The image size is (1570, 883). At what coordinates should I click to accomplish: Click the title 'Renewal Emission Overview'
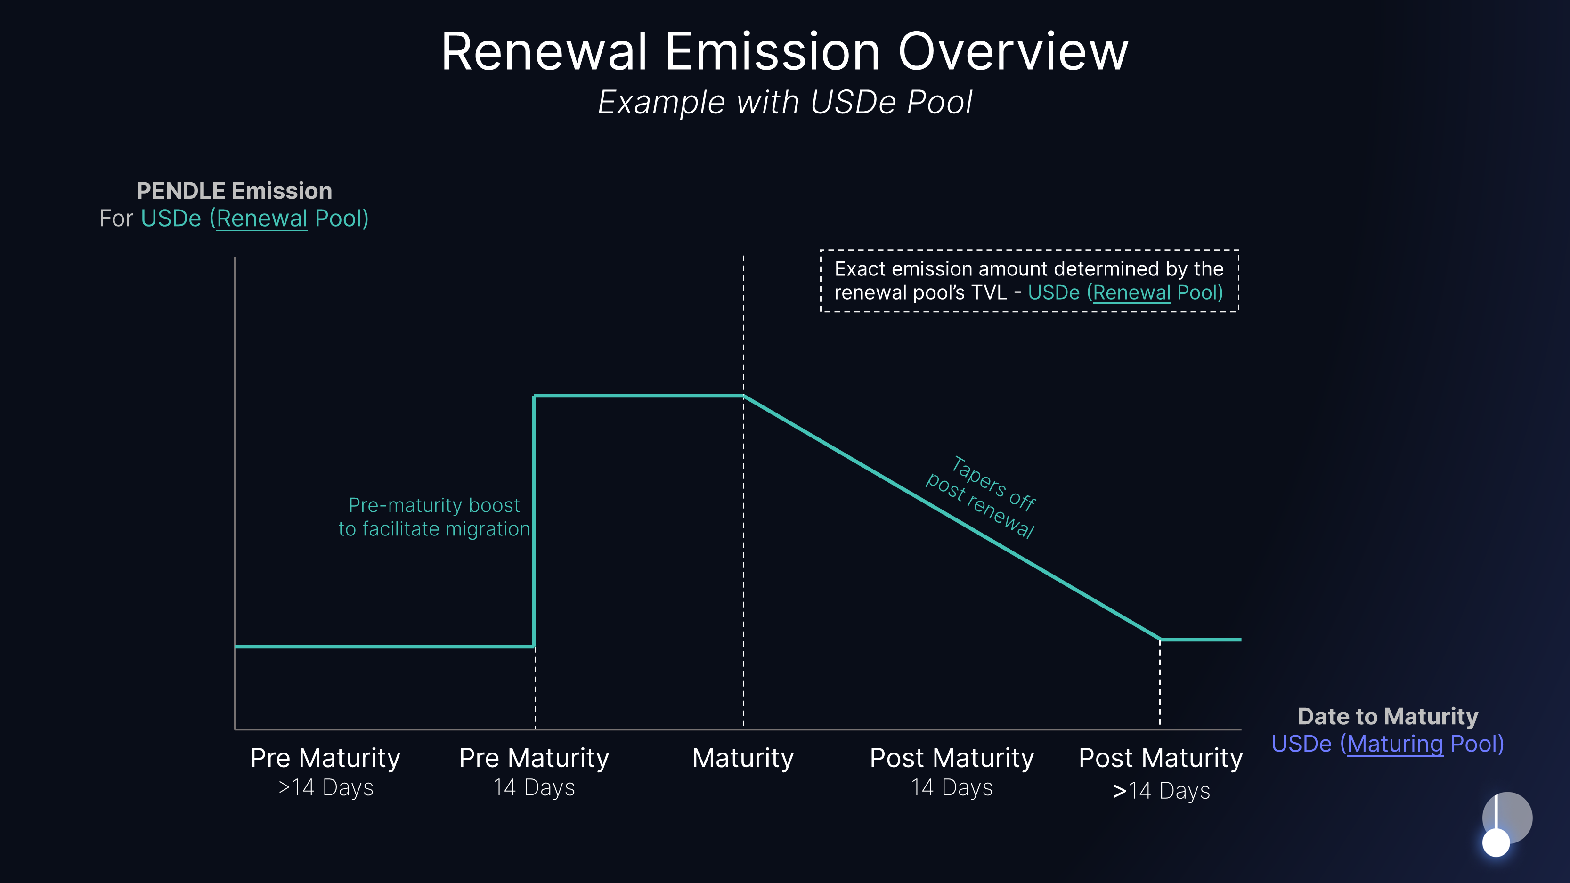784,52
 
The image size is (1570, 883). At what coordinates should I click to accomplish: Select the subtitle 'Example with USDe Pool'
784,102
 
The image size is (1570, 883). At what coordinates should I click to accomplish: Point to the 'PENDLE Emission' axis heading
234,191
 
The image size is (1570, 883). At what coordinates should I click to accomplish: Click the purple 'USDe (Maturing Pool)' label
1387,744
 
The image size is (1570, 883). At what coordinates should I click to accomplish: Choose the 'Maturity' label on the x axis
743,758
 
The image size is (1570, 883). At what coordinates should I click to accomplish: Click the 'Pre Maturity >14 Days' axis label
325,771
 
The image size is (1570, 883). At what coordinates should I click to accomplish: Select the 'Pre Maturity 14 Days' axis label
534,771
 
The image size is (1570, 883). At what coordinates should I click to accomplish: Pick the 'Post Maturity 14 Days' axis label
952,771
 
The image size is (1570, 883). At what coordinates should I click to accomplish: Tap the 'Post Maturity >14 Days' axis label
1161,773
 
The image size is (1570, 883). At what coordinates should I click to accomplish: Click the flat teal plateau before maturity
639,396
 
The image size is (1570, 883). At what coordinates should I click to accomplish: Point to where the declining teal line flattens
1160,639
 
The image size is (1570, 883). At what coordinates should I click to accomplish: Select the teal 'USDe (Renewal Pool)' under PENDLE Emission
255,218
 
